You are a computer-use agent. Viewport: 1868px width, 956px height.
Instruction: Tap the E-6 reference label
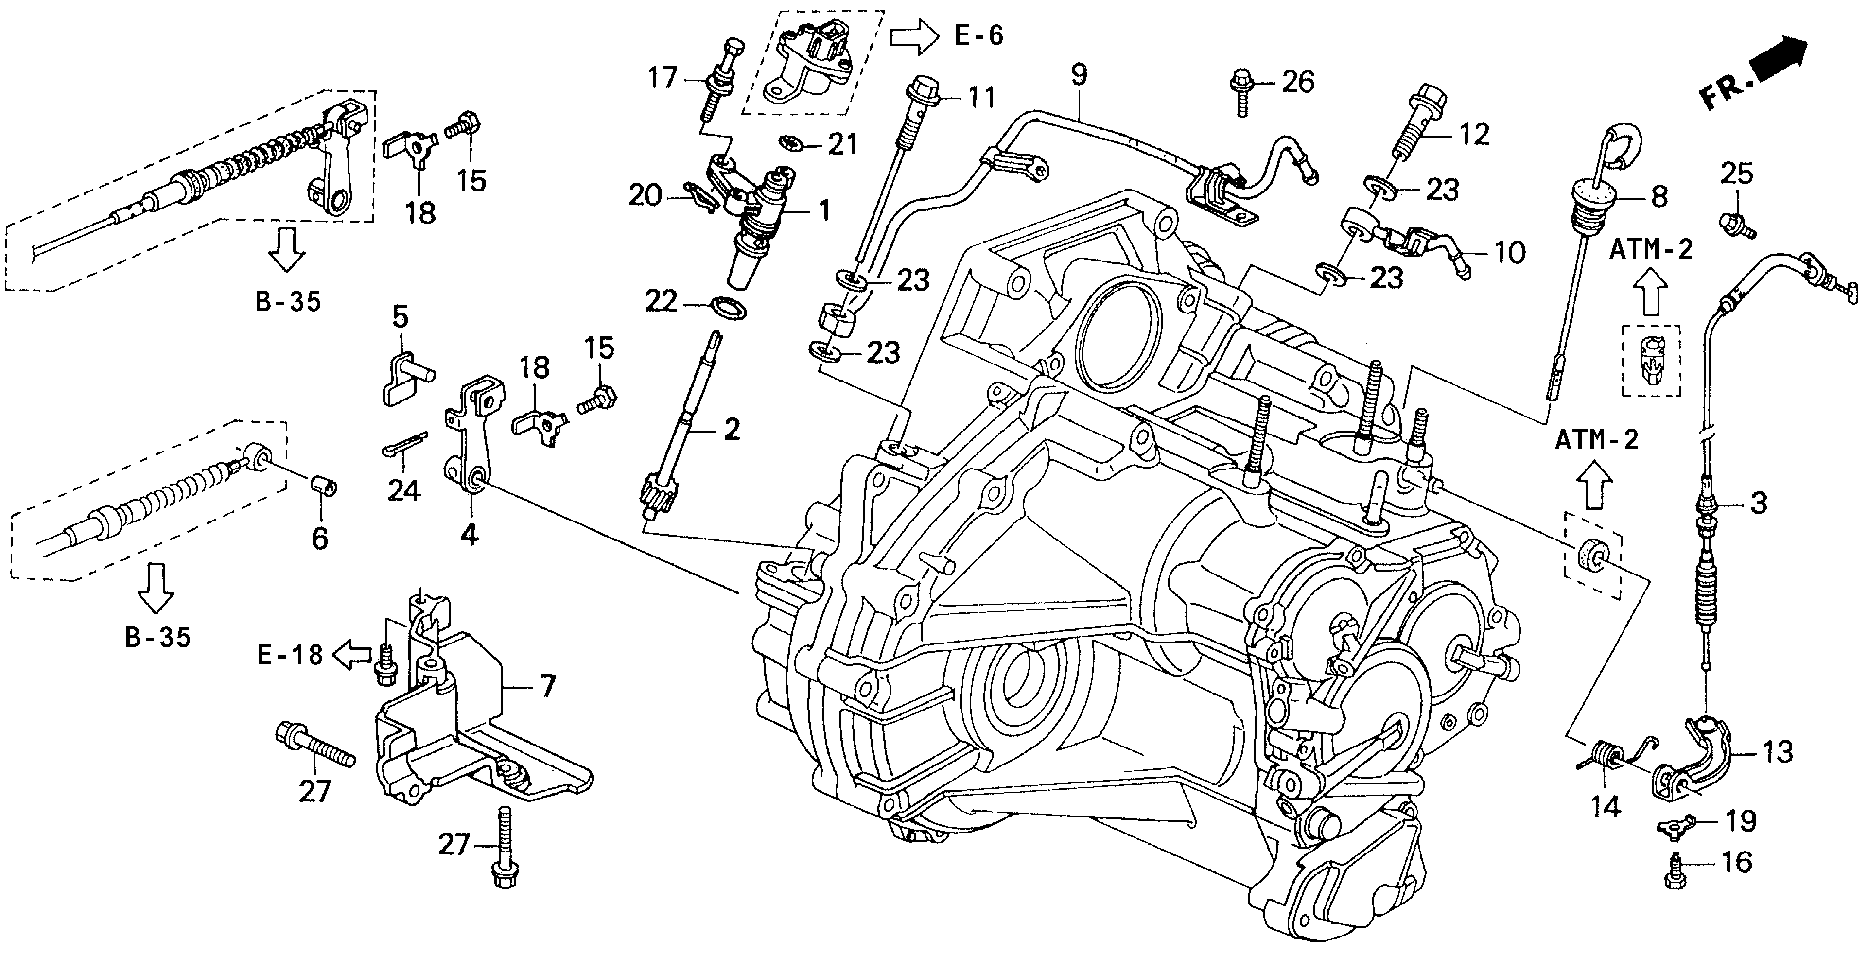978,35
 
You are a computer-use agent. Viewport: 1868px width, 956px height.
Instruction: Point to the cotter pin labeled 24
404,445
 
